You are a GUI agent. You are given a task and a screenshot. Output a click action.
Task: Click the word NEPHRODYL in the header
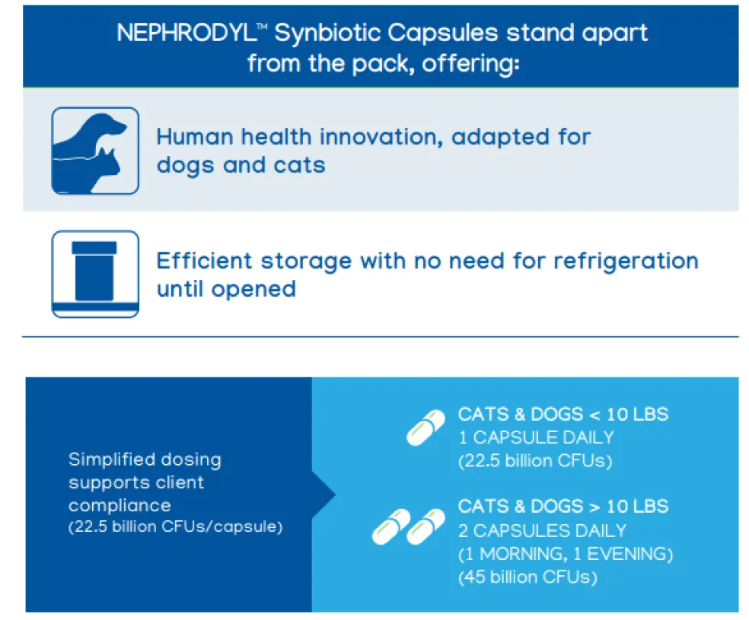pos(186,33)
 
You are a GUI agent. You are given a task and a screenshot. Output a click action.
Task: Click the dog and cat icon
pos(95,151)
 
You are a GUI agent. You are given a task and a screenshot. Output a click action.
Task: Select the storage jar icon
pos(95,274)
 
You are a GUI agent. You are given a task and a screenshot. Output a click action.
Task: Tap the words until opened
pos(226,290)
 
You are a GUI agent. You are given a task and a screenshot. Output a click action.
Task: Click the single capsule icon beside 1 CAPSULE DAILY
pos(425,428)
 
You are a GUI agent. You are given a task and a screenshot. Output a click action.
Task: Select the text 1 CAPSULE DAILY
pos(536,437)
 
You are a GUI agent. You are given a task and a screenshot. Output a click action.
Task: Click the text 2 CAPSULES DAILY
pos(542,531)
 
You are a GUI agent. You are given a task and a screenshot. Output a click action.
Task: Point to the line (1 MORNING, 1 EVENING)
pos(566,554)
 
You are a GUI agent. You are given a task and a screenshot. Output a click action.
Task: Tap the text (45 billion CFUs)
pos(527,577)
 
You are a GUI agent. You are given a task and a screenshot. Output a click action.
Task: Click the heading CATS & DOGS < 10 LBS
pos(563,415)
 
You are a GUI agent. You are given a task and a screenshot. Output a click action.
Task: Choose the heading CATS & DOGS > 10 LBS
pos(563,507)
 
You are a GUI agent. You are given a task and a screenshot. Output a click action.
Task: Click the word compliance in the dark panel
pos(120,506)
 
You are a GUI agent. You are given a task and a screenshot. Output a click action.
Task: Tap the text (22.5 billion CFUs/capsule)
pos(176,527)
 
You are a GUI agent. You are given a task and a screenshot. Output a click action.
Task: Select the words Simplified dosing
pos(145,459)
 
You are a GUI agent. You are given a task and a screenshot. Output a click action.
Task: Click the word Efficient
pos(204,261)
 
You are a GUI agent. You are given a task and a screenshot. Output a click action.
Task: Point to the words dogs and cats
pos(241,166)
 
